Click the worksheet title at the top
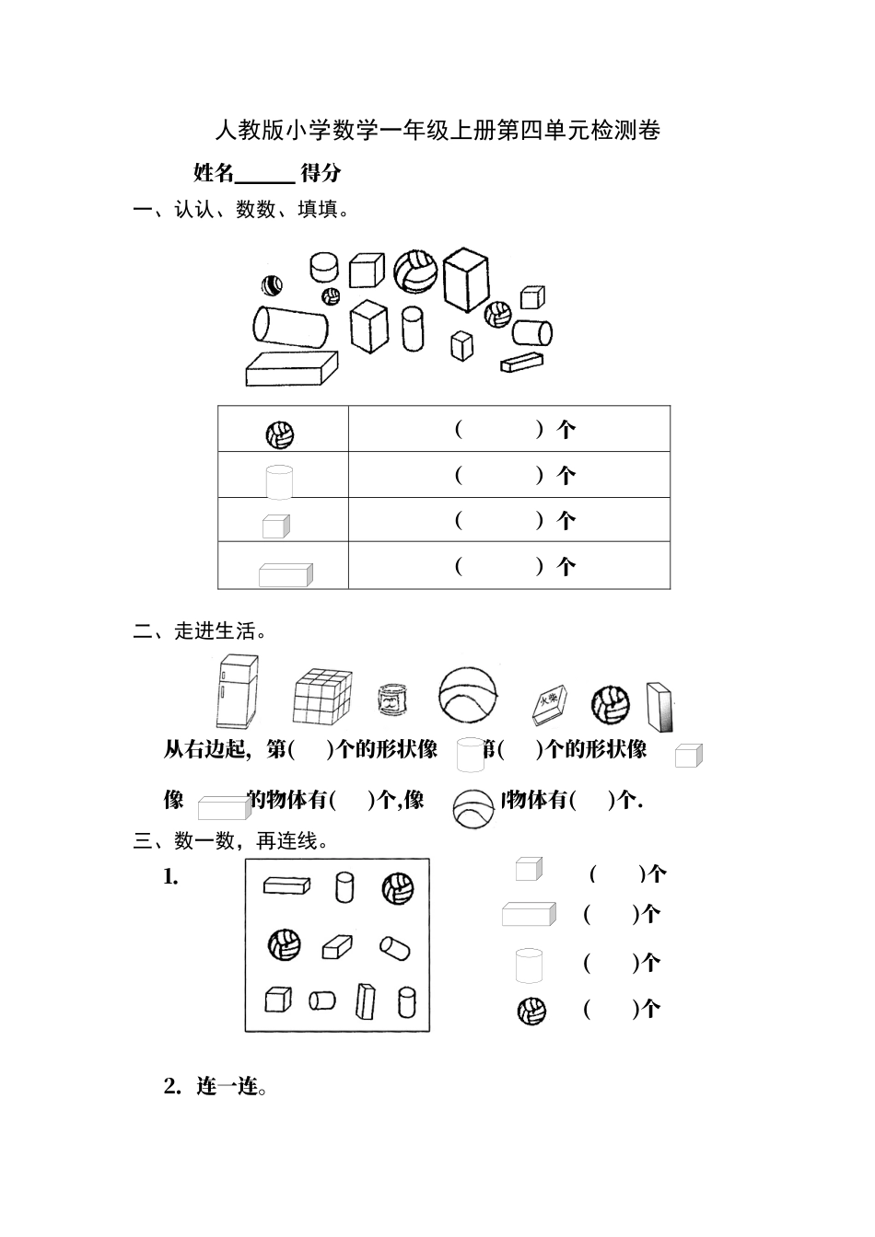(437, 131)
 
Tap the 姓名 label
(214, 172)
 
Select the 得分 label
(321, 172)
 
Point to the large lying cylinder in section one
(290, 326)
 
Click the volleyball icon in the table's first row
(280, 434)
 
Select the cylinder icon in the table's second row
(279, 480)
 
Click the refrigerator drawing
(238, 691)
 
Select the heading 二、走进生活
(201, 630)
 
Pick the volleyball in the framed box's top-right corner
(398, 889)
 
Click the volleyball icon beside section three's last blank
(531, 1011)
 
